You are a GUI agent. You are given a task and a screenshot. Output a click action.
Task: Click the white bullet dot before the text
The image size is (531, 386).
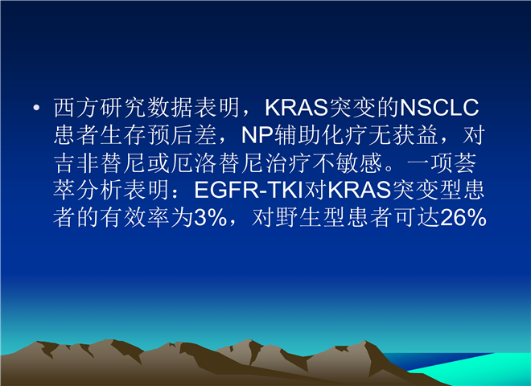[x=36, y=108]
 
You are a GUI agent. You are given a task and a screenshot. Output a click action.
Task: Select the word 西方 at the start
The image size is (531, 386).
[x=76, y=108]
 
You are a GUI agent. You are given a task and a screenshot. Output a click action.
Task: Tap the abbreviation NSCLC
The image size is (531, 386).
[x=439, y=108]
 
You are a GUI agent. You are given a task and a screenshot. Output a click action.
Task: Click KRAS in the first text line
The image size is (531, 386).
[x=297, y=108]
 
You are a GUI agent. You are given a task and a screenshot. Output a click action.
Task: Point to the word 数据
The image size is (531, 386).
[x=171, y=108]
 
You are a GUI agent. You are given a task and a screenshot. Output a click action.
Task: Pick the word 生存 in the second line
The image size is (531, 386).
[x=123, y=135]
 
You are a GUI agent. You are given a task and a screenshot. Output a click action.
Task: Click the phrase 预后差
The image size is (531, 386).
[x=182, y=135]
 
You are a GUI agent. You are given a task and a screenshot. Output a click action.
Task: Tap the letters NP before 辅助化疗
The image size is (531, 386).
[x=257, y=135]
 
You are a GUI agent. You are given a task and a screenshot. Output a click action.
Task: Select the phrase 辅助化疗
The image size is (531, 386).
[x=321, y=135]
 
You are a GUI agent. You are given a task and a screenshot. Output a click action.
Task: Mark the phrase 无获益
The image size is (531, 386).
[x=403, y=135]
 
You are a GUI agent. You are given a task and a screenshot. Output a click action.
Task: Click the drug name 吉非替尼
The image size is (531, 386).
[x=100, y=163]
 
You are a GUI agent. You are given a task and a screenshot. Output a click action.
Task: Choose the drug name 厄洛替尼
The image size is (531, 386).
[x=217, y=163]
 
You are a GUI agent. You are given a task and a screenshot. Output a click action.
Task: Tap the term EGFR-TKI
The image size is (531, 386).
[x=249, y=190]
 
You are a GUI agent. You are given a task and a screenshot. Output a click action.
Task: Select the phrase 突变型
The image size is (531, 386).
[x=427, y=190]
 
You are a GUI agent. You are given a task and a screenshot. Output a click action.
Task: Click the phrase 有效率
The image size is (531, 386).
[x=135, y=217]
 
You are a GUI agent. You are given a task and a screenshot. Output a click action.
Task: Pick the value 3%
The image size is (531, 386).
[x=210, y=217]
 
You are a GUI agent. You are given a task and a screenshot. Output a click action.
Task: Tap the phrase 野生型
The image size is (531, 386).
[x=311, y=217]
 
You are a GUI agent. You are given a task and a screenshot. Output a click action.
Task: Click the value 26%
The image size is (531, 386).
[x=463, y=217]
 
